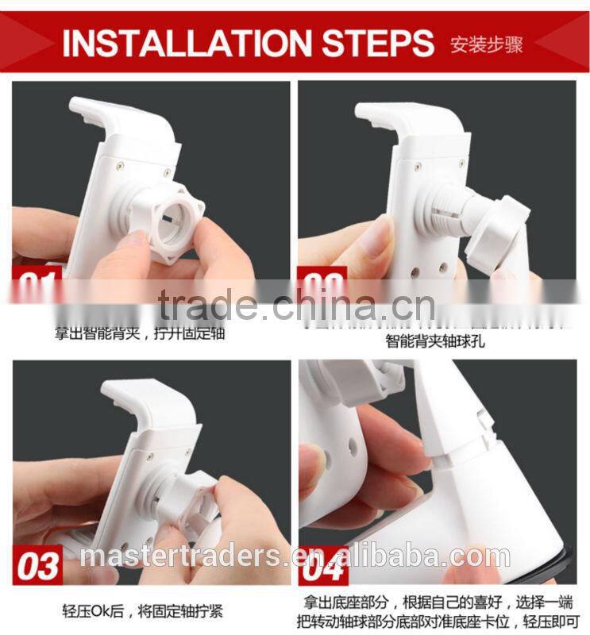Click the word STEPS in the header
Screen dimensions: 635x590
point(370,43)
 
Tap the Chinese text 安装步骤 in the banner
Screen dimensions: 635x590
point(486,43)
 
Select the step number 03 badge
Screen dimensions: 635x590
point(38,565)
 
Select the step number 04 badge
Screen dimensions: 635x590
point(323,565)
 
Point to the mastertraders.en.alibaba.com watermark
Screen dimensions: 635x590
point(294,556)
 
